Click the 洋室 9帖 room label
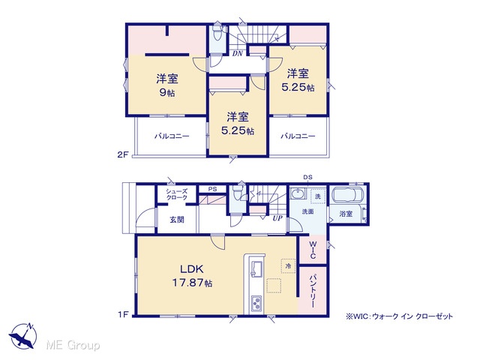pos(167,85)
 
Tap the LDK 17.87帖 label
pos(192,276)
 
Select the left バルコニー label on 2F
pos(172,136)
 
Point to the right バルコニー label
pos(298,136)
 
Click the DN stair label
pos(238,53)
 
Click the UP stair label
pos(277,218)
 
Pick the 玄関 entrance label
pos(177,220)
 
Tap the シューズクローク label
pos(177,194)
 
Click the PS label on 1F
pos(212,189)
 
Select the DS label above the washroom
pos(307,177)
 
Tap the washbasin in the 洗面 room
pos(297,194)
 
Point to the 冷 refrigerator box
pos(288,265)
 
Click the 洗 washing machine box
pos(318,196)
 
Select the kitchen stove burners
pos(256,303)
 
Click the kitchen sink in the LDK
pos(256,269)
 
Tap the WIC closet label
pos(313,250)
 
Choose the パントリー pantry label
pos(313,291)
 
